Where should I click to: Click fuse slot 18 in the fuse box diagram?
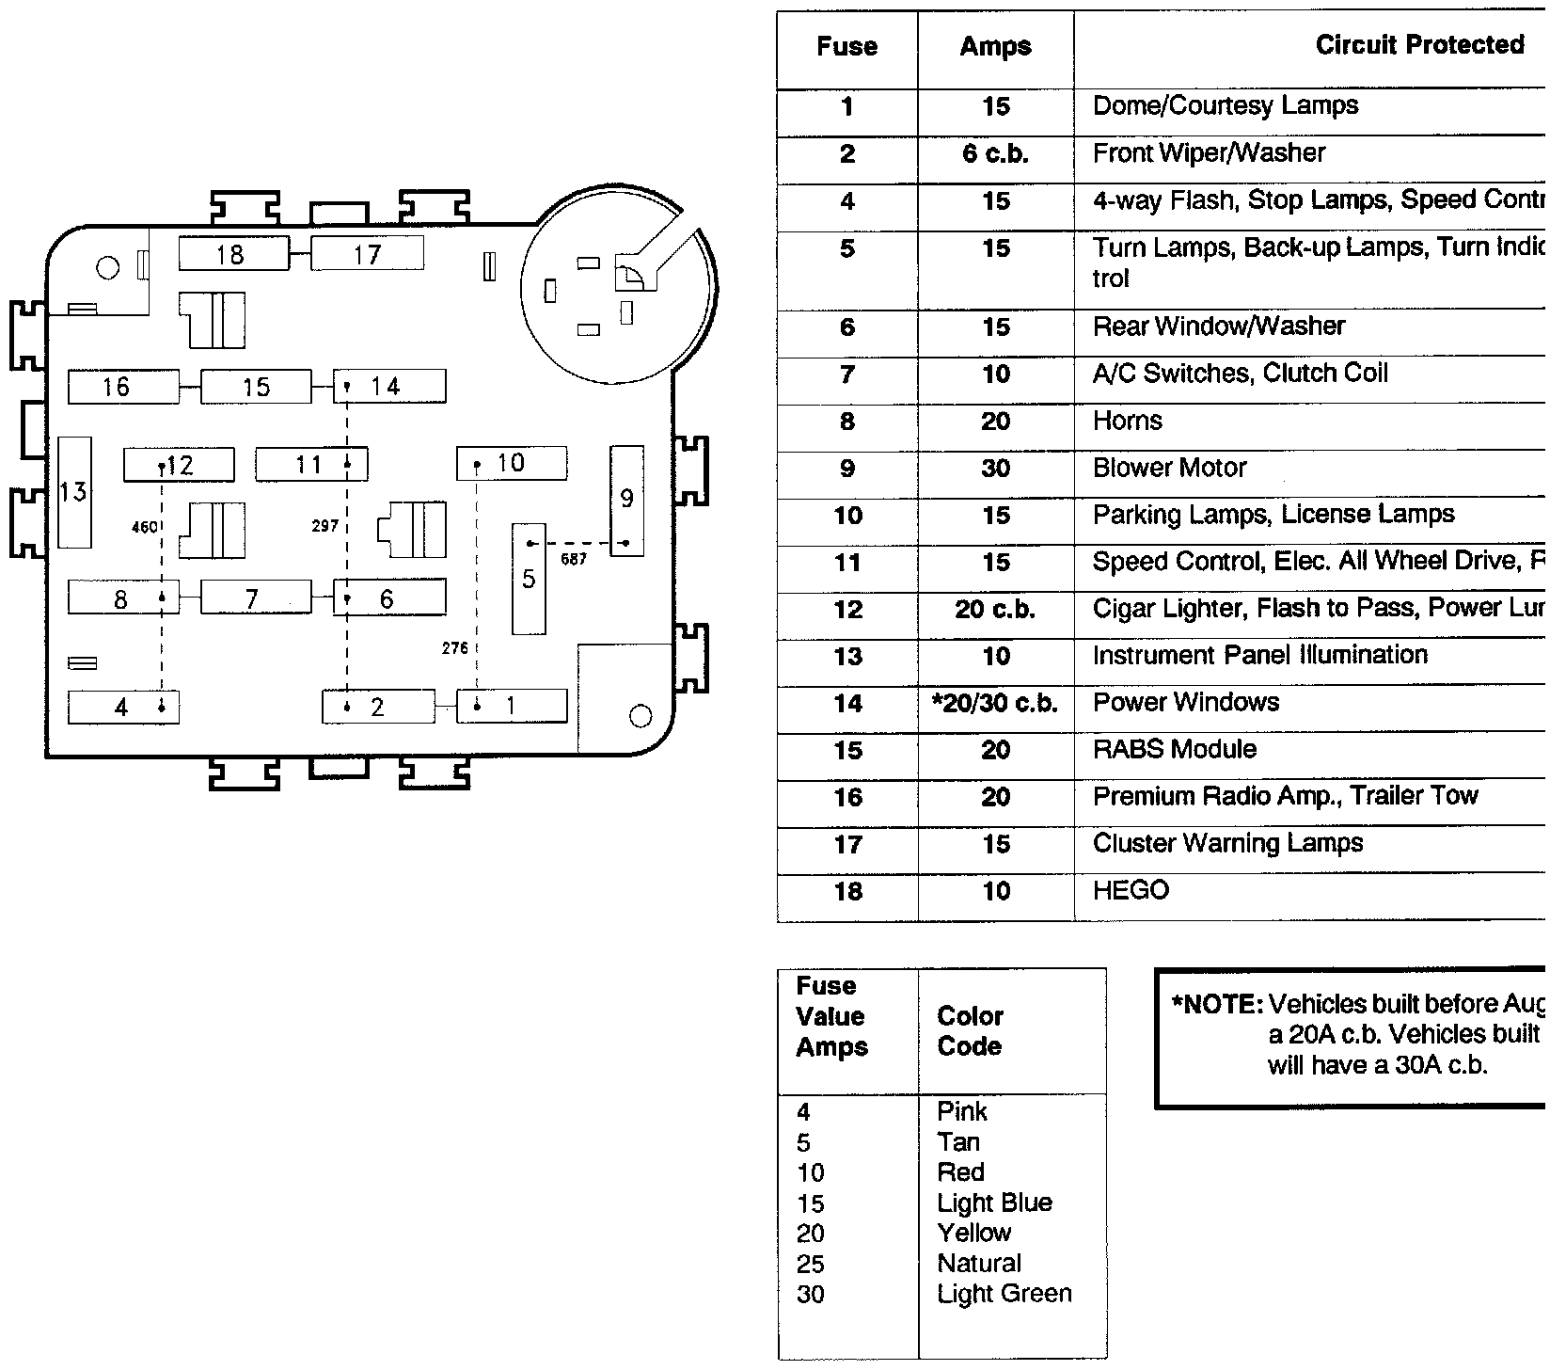tap(233, 254)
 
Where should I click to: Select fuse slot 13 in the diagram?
tap(74, 492)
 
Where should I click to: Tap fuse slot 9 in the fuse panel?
tap(627, 500)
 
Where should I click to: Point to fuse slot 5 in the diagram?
tap(529, 579)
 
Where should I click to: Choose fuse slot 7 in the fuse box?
tap(255, 598)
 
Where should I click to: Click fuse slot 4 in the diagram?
tap(123, 708)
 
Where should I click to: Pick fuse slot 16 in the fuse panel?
tap(122, 387)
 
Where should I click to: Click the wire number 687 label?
tap(573, 559)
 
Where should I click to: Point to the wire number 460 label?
tap(145, 527)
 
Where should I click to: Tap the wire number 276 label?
tap(455, 648)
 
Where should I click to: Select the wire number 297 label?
tap(324, 526)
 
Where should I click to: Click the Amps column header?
tap(995, 47)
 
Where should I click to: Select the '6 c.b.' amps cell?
tap(995, 153)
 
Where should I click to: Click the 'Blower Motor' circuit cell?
tap(1169, 468)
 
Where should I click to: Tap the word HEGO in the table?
tap(1131, 890)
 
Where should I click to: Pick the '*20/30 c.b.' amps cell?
tap(995, 703)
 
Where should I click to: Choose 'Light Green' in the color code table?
tap(1004, 1294)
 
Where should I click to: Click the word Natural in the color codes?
tap(978, 1264)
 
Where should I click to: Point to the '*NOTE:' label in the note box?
tap(1216, 1005)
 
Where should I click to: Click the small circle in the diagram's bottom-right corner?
tap(641, 717)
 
